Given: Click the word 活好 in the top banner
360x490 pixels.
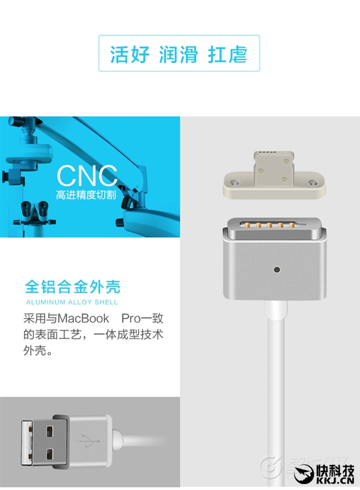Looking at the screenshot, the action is pyautogui.click(x=130, y=54).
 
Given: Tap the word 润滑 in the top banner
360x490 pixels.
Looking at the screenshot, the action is pyautogui.click(x=178, y=54).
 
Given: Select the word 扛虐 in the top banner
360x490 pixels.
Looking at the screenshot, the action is pyautogui.click(x=227, y=54).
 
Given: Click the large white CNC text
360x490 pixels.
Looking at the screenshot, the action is pyautogui.click(x=87, y=176).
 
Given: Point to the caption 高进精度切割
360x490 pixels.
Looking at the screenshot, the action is pyautogui.click(x=86, y=195).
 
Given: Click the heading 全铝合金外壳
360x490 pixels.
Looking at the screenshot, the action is pyautogui.click(x=73, y=286).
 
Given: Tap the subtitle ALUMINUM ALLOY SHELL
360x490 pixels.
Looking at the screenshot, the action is pyautogui.click(x=72, y=302).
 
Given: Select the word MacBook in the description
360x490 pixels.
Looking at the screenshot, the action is pyautogui.click(x=83, y=318).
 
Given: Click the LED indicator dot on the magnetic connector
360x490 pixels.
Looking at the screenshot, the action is pyautogui.click(x=276, y=269).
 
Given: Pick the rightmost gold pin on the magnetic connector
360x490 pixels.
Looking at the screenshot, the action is pyautogui.click(x=292, y=224).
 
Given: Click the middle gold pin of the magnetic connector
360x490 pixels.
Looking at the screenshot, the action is pyautogui.click(x=269, y=224).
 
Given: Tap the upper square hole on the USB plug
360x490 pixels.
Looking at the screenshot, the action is pyautogui.click(x=49, y=432).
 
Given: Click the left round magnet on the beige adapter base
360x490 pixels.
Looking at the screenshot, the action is pyautogui.click(x=233, y=182).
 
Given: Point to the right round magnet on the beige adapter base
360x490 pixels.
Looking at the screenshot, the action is pyautogui.click(x=312, y=182).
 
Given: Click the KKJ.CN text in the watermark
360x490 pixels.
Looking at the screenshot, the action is pyautogui.click(x=335, y=480).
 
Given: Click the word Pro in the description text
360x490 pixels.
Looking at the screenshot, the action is pyautogui.click(x=131, y=318).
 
